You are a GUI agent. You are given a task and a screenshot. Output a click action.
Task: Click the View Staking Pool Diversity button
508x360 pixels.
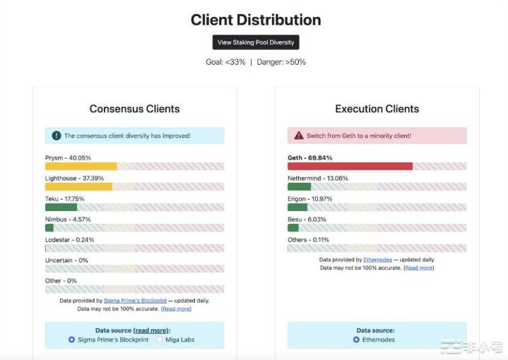coord(256,42)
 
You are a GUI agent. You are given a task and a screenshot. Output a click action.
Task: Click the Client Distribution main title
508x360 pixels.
coord(256,20)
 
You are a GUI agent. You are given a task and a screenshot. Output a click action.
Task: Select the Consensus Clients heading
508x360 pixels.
coord(134,109)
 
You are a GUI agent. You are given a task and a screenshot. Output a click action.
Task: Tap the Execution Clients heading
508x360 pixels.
coord(377,109)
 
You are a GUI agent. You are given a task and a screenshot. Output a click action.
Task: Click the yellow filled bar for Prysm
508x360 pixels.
coord(81,167)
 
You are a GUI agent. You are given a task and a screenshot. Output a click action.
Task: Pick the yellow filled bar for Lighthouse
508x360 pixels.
coord(78,187)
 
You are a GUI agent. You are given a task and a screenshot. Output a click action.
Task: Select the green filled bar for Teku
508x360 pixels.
coord(61,208)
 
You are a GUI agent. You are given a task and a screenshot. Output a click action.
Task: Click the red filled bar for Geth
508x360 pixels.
coord(350,167)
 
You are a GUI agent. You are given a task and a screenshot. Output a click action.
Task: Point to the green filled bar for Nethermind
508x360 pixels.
coord(299,187)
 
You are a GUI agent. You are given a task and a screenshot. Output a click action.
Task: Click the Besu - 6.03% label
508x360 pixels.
coord(307,220)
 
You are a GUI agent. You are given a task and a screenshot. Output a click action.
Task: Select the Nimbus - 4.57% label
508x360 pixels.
coord(68,220)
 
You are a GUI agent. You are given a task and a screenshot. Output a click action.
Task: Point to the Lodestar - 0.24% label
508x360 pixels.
coord(69,240)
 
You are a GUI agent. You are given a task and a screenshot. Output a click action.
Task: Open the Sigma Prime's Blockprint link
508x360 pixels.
coord(135,301)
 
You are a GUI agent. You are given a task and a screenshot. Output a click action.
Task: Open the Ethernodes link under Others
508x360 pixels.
coord(377,260)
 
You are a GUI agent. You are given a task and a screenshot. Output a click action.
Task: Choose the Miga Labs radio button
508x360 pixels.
coord(160,340)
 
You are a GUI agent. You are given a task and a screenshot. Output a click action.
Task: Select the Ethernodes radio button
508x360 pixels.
coord(356,340)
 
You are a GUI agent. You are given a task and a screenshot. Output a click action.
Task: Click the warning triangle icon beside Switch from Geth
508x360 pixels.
coord(299,136)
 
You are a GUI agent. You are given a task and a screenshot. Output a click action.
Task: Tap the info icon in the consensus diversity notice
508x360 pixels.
coord(57,136)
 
